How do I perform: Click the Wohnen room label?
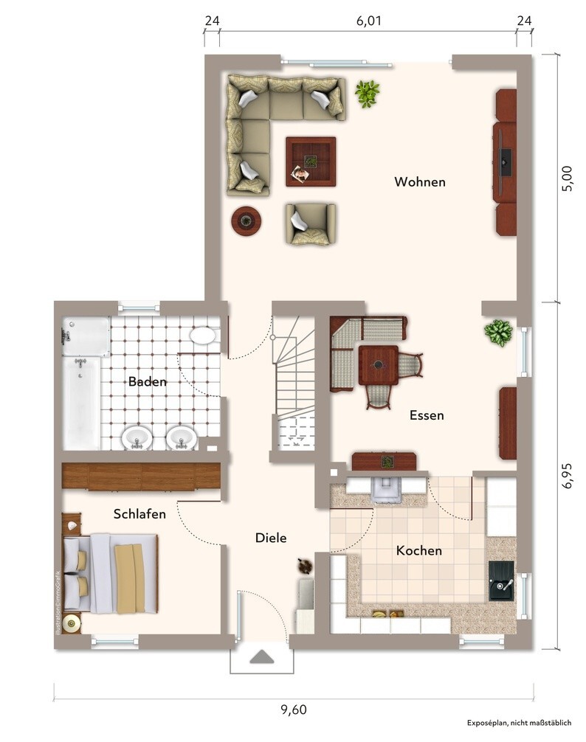pos(420,181)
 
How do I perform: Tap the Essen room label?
pos(427,415)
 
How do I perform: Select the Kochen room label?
pos(419,550)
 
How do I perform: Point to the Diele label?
pos(271,538)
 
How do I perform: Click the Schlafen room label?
pos(139,514)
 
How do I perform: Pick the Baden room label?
pos(147,381)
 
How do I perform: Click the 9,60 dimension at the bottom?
pos(294,710)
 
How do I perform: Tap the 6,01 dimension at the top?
pos(368,21)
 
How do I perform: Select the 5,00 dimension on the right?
pos(567,178)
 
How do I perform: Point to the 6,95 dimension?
pos(567,475)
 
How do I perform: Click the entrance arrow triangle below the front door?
pos(262,657)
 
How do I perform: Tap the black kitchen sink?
pos(501,580)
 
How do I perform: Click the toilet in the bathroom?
pos(203,336)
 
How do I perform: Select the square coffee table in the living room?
pos(311,162)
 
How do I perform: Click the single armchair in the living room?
pos(311,223)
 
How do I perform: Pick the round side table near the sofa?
pos(247,221)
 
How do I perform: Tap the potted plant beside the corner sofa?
pos(368,93)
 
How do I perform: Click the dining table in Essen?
pos(378,365)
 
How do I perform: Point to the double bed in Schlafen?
pos(110,573)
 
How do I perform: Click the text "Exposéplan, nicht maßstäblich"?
pos(520,723)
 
